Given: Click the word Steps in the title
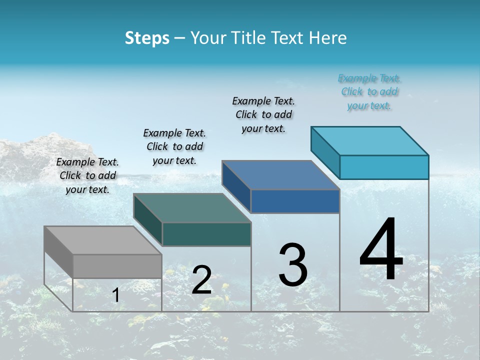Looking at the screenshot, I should tap(147, 38).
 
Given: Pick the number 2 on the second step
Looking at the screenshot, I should tap(201, 280).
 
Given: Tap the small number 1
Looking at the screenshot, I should tap(116, 295).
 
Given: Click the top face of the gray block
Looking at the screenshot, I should tap(102, 240).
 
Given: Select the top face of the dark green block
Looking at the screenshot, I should tap(192, 208).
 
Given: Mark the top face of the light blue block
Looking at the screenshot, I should tap(370, 141).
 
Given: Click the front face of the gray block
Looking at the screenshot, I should tap(117, 266).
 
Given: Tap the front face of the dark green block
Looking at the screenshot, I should tap(206, 234).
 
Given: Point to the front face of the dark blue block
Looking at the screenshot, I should tap(295, 201).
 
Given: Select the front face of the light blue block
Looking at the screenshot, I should tap(384, 167).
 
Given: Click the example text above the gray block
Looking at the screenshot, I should tap(87, 175).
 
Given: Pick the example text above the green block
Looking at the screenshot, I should tap(174, 146).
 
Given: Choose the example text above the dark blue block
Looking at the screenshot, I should tap(263, 114).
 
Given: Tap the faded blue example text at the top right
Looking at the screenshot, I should tap(369, 92).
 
